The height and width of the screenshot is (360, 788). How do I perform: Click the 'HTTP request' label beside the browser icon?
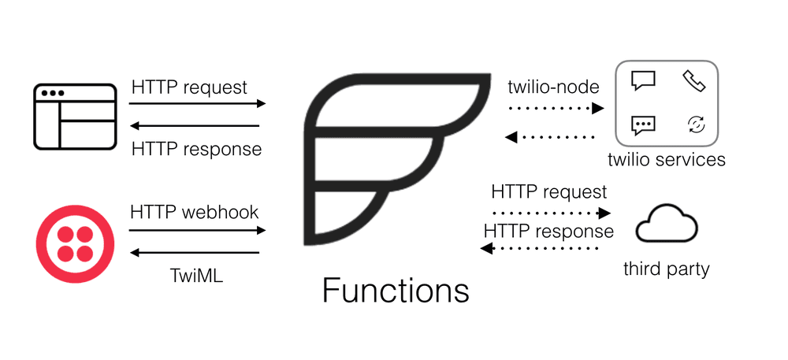coord(189,87)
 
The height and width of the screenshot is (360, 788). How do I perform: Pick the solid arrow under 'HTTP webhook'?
coord(197,230)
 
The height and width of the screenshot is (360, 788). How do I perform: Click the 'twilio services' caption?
coord(667,160)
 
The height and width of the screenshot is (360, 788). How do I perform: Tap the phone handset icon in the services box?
coord(693,81)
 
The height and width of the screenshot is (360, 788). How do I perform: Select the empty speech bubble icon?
coord(643,81)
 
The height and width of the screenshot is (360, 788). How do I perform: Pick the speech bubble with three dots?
coord(643,124)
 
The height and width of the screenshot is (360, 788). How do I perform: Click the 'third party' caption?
coord(666,269)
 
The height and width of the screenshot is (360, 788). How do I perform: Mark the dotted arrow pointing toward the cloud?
coord(552,213)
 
